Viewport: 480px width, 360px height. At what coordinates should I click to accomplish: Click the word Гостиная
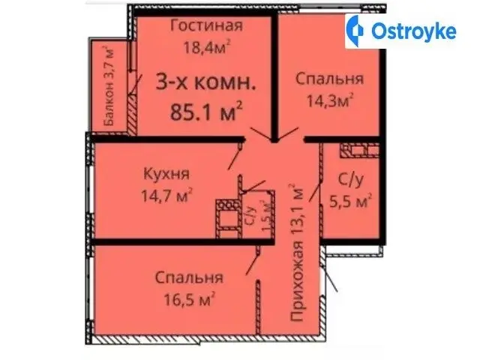[x=207, y=25]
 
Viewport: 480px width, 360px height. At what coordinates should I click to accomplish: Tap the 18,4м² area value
[x=207, y=47]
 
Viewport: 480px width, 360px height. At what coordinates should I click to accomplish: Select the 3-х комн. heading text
[x=206, y=82]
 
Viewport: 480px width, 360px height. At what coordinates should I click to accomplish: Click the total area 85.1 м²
[x=206, y=111]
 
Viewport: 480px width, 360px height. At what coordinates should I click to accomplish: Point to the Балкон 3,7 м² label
[x=109, y=86]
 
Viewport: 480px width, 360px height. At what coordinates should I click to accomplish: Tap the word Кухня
[x=166, y=174]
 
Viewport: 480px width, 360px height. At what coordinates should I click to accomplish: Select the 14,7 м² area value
[x=166, y=195]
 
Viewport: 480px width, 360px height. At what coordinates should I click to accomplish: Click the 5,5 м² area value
[x=350, y=201]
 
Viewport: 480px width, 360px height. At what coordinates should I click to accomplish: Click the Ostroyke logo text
[x=414, y=31]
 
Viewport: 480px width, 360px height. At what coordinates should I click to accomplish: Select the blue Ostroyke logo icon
[x=355, y=31]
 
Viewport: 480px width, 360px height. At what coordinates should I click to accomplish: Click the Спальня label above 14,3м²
[x=330, y=79]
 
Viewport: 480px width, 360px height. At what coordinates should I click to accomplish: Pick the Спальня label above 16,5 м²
[x=190, y=277]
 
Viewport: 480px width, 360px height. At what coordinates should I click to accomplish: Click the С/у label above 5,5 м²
[x=351, y=180]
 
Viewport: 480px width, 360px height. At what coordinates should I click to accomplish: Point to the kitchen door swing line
[x=235, y=158]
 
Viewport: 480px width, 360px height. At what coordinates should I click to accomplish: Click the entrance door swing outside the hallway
[x=331, y=279]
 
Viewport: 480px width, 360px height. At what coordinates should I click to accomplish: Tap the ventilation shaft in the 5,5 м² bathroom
[x=360, y=151]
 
